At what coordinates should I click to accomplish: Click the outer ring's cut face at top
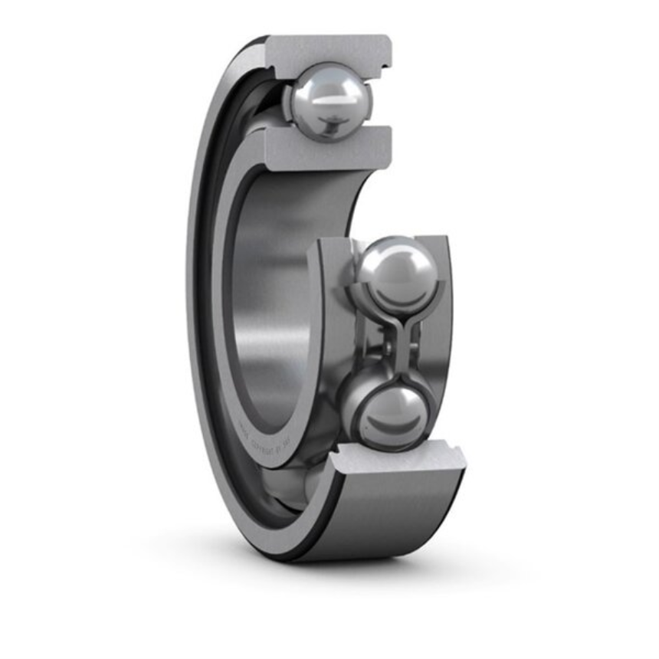click(329, 48)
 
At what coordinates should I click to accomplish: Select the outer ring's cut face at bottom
click(406, 460)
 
